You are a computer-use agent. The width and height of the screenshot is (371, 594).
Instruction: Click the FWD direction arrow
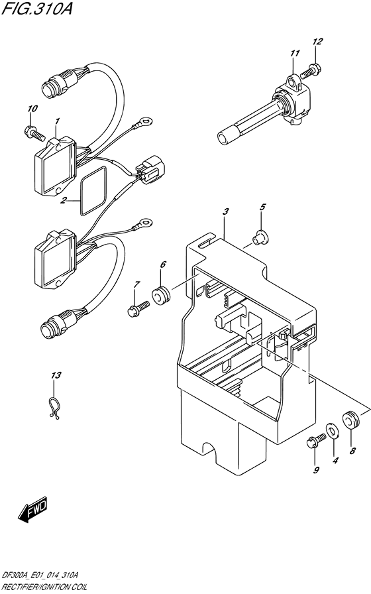[32, 508]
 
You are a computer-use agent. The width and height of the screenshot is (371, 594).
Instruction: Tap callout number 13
[56, 375]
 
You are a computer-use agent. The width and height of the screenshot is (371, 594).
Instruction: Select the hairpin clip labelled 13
[54, 407]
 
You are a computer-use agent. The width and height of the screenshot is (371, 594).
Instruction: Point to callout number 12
[317, 41]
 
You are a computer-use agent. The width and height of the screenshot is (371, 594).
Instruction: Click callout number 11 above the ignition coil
[295, 53]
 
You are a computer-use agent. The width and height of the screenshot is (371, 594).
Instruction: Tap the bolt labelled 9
[315, 442]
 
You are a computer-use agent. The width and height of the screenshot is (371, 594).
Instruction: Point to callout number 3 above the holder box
[225, 211]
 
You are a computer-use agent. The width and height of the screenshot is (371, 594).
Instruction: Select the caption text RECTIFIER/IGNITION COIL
[44, 587]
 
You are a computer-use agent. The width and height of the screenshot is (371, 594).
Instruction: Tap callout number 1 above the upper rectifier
[57, 121]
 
